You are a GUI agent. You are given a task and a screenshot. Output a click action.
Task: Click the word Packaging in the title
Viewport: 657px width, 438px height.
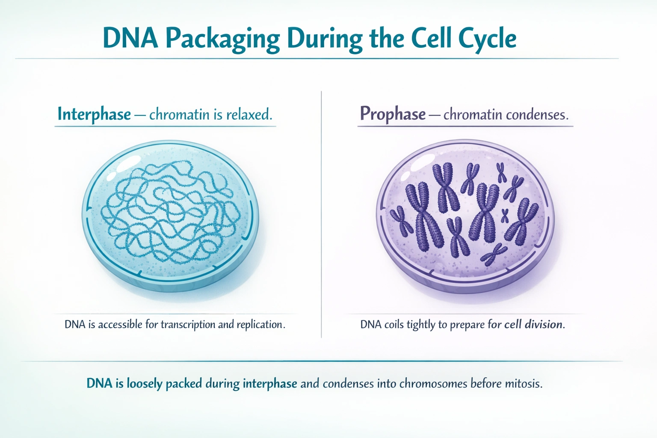point(222,39)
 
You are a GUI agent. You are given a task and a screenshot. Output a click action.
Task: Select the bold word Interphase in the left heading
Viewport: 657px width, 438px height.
point(94,115)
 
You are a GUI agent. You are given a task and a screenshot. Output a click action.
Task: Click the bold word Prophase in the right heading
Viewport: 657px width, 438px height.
point(393,114)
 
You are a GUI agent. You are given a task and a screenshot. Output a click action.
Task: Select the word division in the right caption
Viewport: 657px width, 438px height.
point(543,324)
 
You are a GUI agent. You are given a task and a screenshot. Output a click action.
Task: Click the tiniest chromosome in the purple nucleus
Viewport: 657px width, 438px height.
point(505,216)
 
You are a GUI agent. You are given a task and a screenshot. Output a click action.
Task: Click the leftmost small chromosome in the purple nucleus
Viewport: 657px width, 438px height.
point(401,221)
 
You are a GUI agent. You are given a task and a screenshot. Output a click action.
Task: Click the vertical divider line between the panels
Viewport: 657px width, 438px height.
point(321,214)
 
